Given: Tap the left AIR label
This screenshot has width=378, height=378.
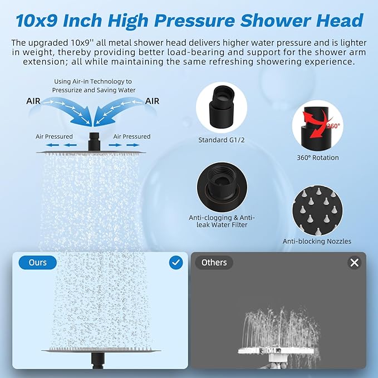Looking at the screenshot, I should [x=33, y=101].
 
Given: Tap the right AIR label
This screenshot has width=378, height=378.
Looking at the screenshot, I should [x=152, y=101].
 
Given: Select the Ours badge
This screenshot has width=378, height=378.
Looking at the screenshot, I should [x=37, y=262].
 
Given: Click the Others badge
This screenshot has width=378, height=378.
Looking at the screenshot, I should [x=214, y=262].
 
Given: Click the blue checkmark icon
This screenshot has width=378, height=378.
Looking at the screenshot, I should [x=176, y=262].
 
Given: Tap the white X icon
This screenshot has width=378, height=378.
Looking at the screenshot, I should [x=355, y=262].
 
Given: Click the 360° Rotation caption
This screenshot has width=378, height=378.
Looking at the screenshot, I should [x=318, y=158].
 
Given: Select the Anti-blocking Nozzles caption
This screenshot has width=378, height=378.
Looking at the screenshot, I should [x=317, y=241].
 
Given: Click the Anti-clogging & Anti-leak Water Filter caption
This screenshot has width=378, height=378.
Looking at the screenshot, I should [x=222, y=221].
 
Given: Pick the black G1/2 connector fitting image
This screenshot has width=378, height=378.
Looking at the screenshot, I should [x=222, y=108].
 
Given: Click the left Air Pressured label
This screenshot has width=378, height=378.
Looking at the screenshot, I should [x=54, y=136].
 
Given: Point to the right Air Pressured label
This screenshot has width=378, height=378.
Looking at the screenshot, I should [x=131, y=136].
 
